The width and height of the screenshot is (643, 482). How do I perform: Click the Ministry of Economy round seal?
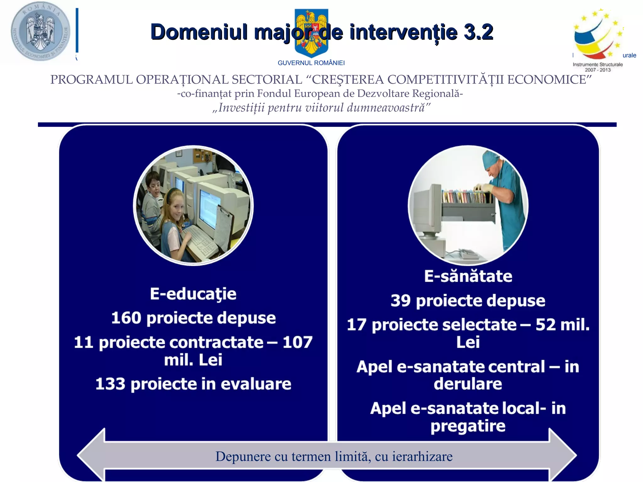[x=40, y=31]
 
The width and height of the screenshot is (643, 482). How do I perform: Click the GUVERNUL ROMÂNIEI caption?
[x=311, y=63]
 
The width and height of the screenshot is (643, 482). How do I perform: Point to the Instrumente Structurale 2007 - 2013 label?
[x=597, y=67]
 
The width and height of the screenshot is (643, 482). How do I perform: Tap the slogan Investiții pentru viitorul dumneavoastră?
[x=321, y=108]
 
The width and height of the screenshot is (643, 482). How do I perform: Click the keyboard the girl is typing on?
[x=201, y=240]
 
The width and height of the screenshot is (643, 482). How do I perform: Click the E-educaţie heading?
[x=193, y=294]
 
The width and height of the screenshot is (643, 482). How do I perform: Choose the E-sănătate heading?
[x=468, y=276]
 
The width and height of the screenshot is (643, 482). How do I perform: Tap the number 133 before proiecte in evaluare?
[x=110, y=384]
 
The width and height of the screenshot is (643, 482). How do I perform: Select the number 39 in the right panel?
[x=401, y=301]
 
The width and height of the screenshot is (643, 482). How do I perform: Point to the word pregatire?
[x=468, y=426]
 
